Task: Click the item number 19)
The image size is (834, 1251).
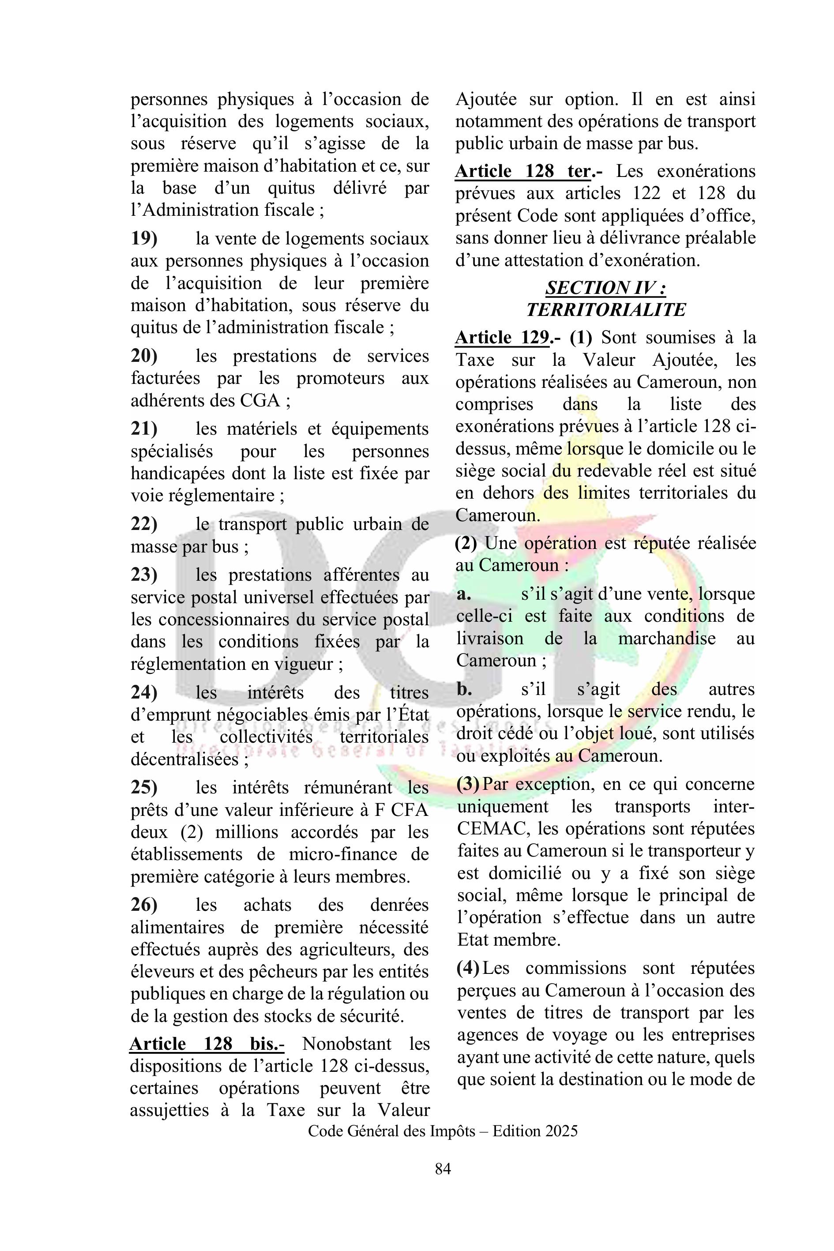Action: click(x=144, y=239)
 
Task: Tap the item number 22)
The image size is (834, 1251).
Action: click(x=144, y=524)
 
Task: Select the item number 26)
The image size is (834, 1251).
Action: click(x=144, y=904)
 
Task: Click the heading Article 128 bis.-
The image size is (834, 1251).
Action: click(x=207, y=1044)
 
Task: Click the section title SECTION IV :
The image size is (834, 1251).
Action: click(x=606, y=288)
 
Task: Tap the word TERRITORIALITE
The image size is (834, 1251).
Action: click(x=606, y=310)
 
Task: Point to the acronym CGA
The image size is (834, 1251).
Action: click(x=259, y=400)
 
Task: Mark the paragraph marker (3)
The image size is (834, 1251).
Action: click(x=468, y=784)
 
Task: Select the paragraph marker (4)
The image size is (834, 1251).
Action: click(x=468, y=968)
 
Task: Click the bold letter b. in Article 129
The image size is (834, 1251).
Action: click(x=464, y=689)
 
